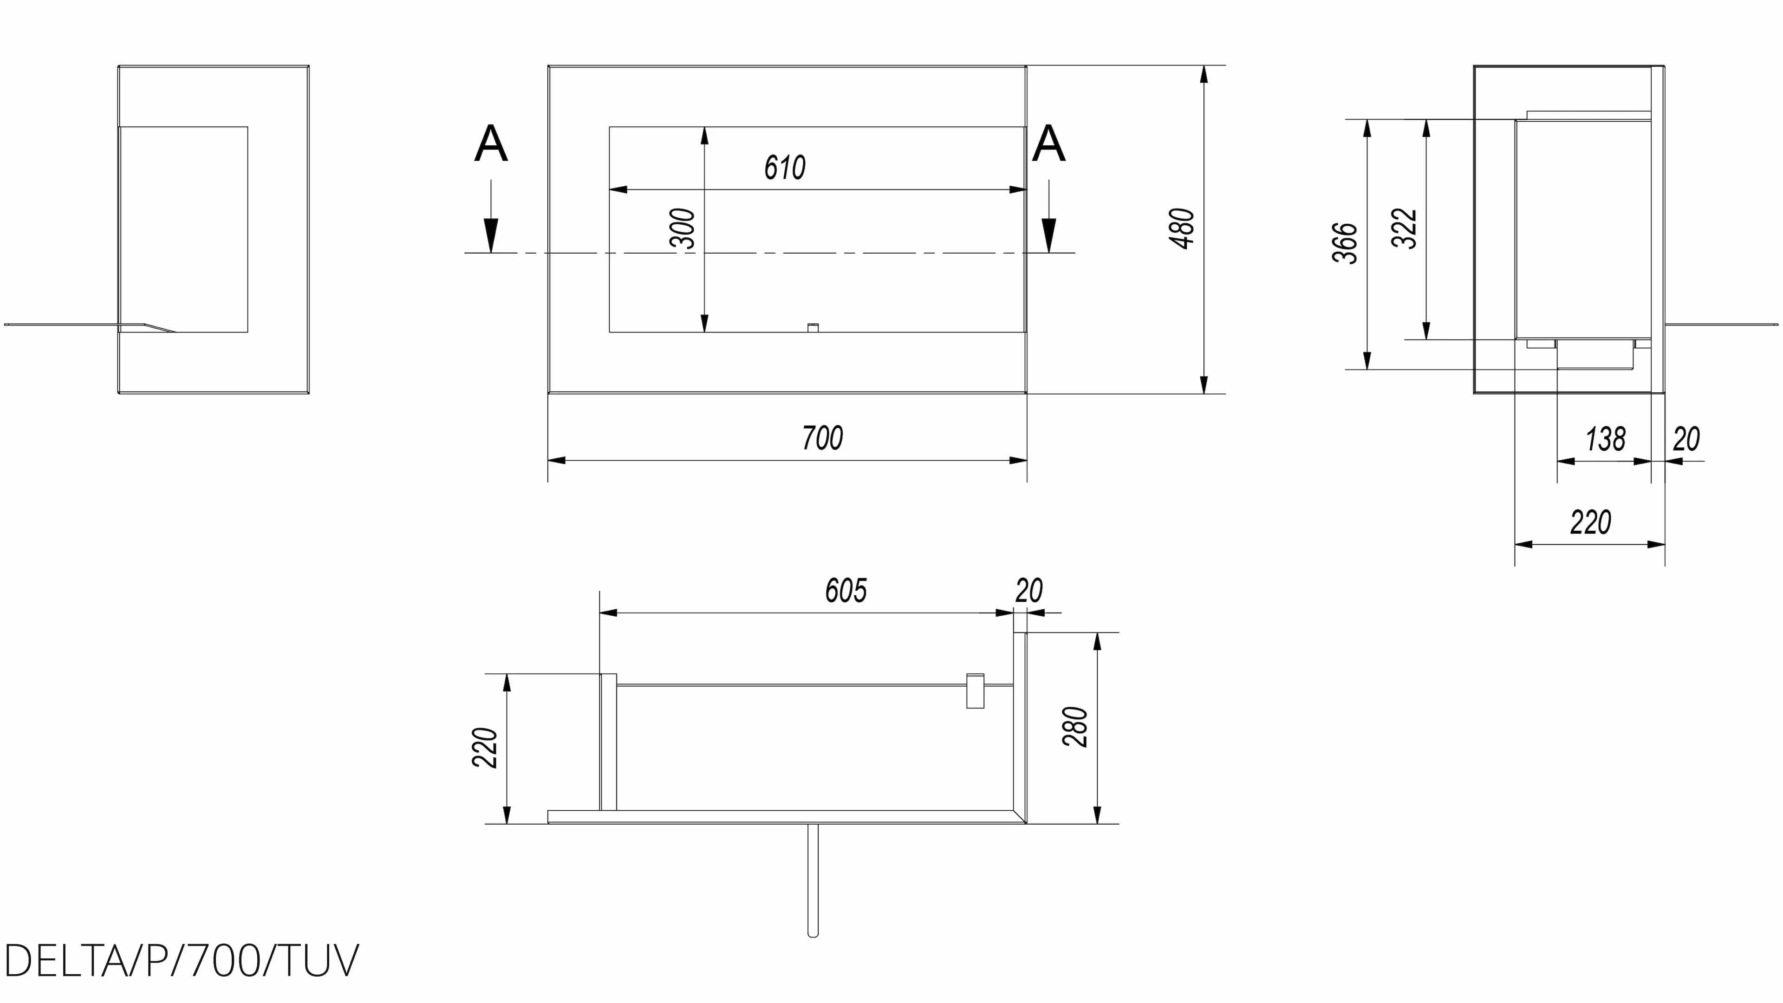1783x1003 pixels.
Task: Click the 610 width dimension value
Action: pyautogui.click(x=784, y=168)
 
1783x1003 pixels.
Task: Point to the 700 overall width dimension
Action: pyautogui.click(x=822, y=438)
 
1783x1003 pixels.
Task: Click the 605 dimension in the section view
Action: pyautogui.click(x=845, y=591)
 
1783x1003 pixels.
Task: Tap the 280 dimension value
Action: pyautogui.click(x=1075, y=726)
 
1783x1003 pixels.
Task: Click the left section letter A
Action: pyautogui.click(x=491, y=145)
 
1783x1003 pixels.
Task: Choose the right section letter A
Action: pyautogui.click(x=1048, y=145)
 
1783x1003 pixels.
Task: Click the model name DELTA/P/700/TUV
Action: pyautogui.click(x=182, y=961)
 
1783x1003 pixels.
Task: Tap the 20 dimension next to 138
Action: pyautogui.click(x=1686, y=440)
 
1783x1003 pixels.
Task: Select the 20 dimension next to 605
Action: pyautogui.click(x=1028, y=591)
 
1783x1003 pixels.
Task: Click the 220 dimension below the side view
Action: pyautogui.click(x=1590, y=522)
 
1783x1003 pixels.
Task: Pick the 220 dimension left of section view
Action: pyautogui.click(x=484, y=748)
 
